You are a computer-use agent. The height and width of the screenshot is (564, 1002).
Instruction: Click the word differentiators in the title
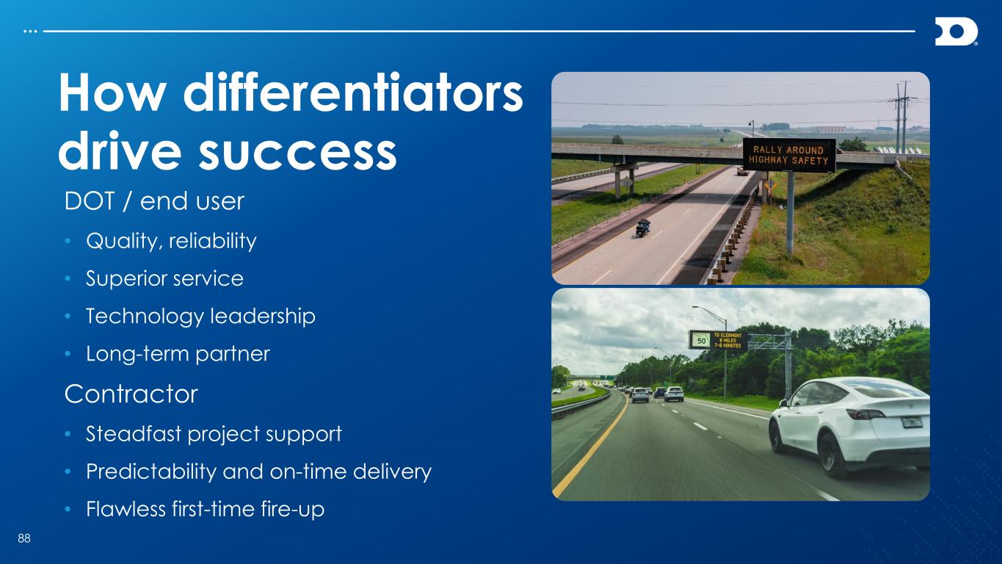(353, 93)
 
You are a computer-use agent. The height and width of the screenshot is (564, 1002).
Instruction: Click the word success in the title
(297, 151)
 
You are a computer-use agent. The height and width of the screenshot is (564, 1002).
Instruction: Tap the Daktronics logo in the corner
(956, 32)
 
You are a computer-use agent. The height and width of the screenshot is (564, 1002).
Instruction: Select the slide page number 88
(24, 538)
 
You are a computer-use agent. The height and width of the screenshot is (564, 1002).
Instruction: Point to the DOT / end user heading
(154, 201)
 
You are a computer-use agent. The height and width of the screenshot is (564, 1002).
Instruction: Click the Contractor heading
(131, 394)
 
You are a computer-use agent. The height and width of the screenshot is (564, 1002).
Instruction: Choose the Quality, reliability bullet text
(171, 241)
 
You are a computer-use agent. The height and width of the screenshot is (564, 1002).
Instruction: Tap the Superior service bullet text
(164, 278)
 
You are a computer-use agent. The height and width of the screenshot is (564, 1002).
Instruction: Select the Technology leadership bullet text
(201, 317)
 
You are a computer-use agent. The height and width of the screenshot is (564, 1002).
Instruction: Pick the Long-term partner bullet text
(178, 354)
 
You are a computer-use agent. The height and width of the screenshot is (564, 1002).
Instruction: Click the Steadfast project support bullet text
(214, 434)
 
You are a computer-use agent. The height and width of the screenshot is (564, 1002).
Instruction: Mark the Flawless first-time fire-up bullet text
(206, 510)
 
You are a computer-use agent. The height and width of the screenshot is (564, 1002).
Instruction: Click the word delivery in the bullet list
(392, 471)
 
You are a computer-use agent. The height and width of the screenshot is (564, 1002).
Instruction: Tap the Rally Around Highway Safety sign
(789, 156)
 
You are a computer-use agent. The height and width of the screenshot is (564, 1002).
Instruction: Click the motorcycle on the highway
(643, 228)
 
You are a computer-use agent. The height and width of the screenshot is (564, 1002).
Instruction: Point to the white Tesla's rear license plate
(912, 422)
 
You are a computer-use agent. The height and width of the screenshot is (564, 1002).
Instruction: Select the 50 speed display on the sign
(702, 341)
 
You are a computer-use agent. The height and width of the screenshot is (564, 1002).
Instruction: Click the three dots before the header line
(30, 32)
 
